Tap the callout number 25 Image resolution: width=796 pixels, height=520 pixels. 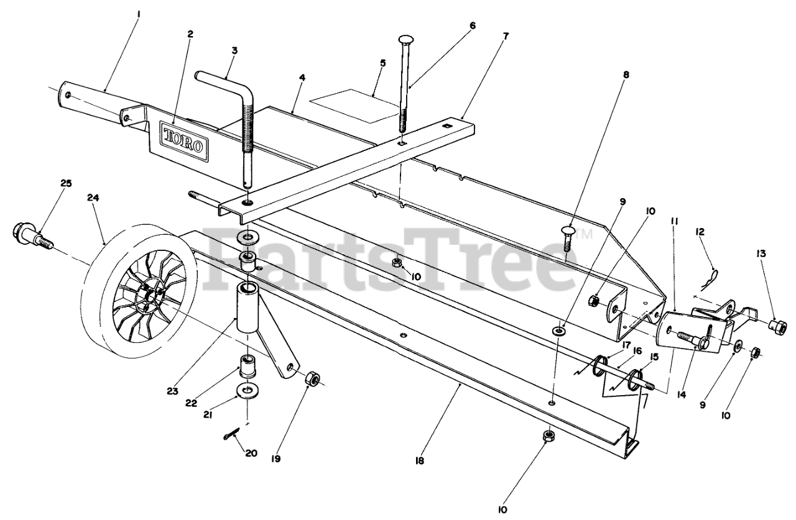pyautogui.click(x=66, y=183)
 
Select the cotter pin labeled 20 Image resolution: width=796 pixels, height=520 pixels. pyautogui.click(x=231, y=434)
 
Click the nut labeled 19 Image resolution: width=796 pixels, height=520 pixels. pyautogui.click(x=312, y=378)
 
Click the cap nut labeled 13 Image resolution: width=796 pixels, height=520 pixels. pyautogui.click(x=777, y=325)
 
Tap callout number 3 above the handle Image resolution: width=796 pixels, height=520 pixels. pyautogui.click(x=234, y=51)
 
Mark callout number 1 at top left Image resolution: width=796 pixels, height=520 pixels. pyautogui.click(x=139, y=12)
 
